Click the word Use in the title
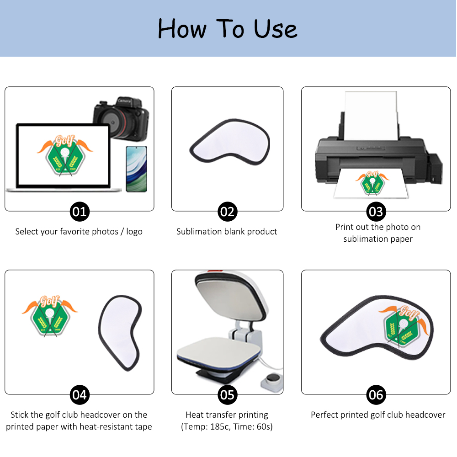(x=276, y=29)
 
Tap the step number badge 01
(x=80, y=212)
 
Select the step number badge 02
(x=227, y=212)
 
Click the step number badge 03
(x=376, y=212)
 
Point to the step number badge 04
(x=80, y=394)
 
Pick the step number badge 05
(x=227, y=394)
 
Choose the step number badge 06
(x=376, y=394)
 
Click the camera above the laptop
(x=121, y=119)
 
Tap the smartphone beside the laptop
(x=136, y=169)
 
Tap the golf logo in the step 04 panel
(x=50, y=315)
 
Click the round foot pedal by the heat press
(x=274, y=379)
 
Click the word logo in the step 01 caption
(x=134, y=232)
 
